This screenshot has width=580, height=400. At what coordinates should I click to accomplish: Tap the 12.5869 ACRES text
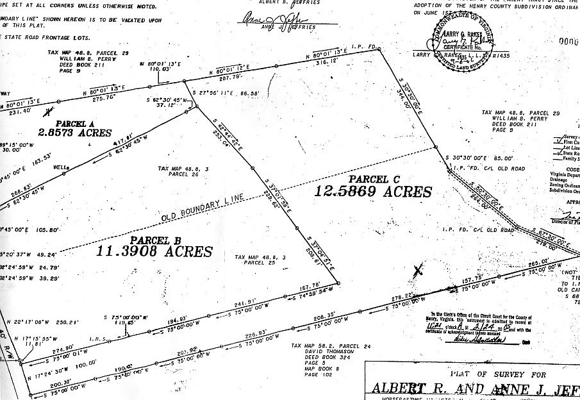[x=374, y=191]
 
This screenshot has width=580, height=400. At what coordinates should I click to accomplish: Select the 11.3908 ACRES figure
[x=154, y=251]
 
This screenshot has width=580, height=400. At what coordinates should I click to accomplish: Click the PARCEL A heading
[x=75, y=123]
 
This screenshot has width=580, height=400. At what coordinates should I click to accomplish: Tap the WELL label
[x=61, y=168]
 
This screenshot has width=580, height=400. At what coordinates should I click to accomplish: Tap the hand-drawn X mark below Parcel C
[x=420, y=271]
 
